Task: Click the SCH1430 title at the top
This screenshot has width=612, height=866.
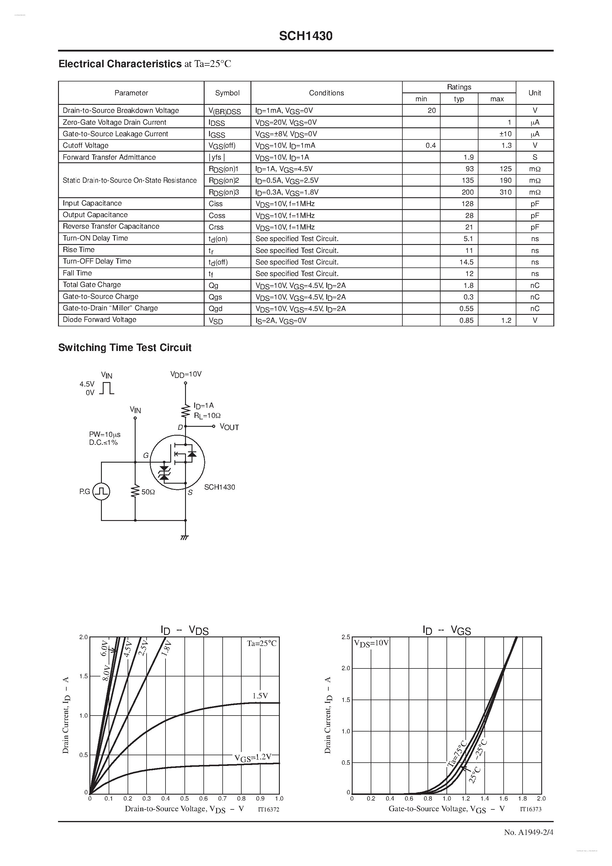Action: [306, 36]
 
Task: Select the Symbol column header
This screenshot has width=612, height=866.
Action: [227, 93]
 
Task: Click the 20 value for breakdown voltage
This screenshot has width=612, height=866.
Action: [431, 110]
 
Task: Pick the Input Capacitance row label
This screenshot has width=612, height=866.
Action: [92, 203]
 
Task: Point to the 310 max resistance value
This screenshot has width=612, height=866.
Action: [505, 192]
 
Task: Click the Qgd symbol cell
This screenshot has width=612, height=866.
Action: [216, 309]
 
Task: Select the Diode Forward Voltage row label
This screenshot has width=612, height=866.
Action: [99, 320]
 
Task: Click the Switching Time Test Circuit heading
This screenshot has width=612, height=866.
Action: [125, 347]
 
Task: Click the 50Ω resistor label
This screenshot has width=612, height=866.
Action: [148, 492]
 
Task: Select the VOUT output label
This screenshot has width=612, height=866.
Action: [229, 427]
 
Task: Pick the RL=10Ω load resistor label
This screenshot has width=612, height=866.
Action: [207, 416]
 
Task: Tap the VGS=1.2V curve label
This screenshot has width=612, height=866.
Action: [253, 757]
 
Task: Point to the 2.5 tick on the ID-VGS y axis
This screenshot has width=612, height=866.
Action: [346, 637]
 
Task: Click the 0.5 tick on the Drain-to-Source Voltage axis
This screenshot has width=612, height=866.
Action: [184, 798]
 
